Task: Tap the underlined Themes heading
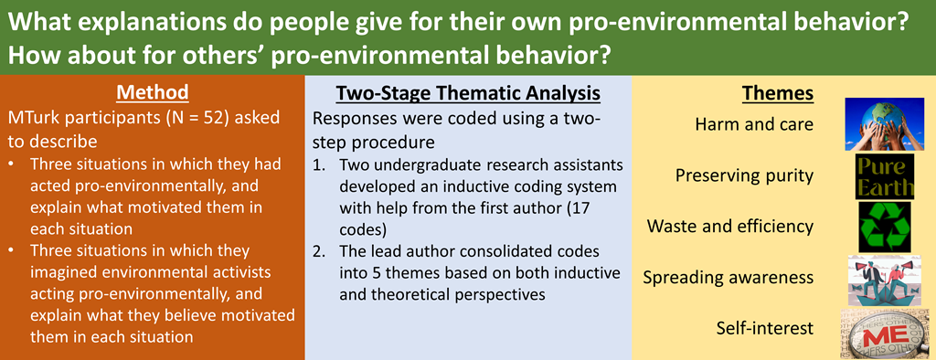point(778,94)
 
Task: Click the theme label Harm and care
point(754,125)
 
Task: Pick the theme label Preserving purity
point(744,175)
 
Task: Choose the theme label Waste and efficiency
point(730,227)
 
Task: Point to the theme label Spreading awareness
point(729,278)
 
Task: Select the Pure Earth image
point(885,176)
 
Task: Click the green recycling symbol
point(885,227)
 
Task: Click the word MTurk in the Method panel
point(34,118)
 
